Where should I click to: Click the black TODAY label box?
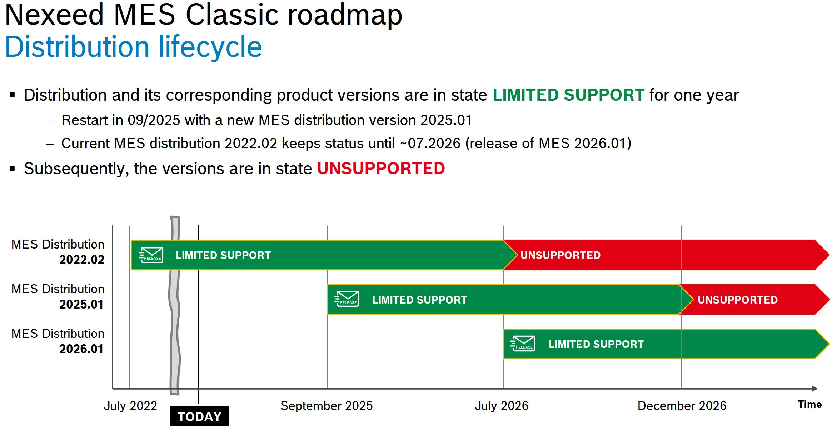click(200, 416)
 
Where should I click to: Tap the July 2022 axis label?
click(130, 406)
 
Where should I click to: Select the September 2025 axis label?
click(327, 406)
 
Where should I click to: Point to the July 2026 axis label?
click(502, 406)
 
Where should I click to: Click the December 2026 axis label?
click(682, 406)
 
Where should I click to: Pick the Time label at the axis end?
click(810, 404)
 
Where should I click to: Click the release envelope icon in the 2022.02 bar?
click(151, 255)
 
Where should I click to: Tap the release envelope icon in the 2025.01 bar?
click(347, 299)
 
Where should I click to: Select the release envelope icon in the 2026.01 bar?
click(523, 344)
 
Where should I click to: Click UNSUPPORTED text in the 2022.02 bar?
click(561, 255)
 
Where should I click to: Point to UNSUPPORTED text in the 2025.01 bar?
click(738, 300)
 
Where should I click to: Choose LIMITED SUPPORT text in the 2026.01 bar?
click(596, 344)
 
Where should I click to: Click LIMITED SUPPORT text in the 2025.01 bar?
click(420, 300)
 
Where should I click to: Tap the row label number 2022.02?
click(82, 260)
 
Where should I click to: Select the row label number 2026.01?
click(81, 349)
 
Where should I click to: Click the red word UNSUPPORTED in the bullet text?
click(381, 169)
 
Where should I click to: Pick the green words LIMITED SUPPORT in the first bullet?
click(568, 95)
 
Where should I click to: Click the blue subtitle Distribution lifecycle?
click(134, 47)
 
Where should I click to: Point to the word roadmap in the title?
click(345, 15)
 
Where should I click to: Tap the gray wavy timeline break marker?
click(175, 305)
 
